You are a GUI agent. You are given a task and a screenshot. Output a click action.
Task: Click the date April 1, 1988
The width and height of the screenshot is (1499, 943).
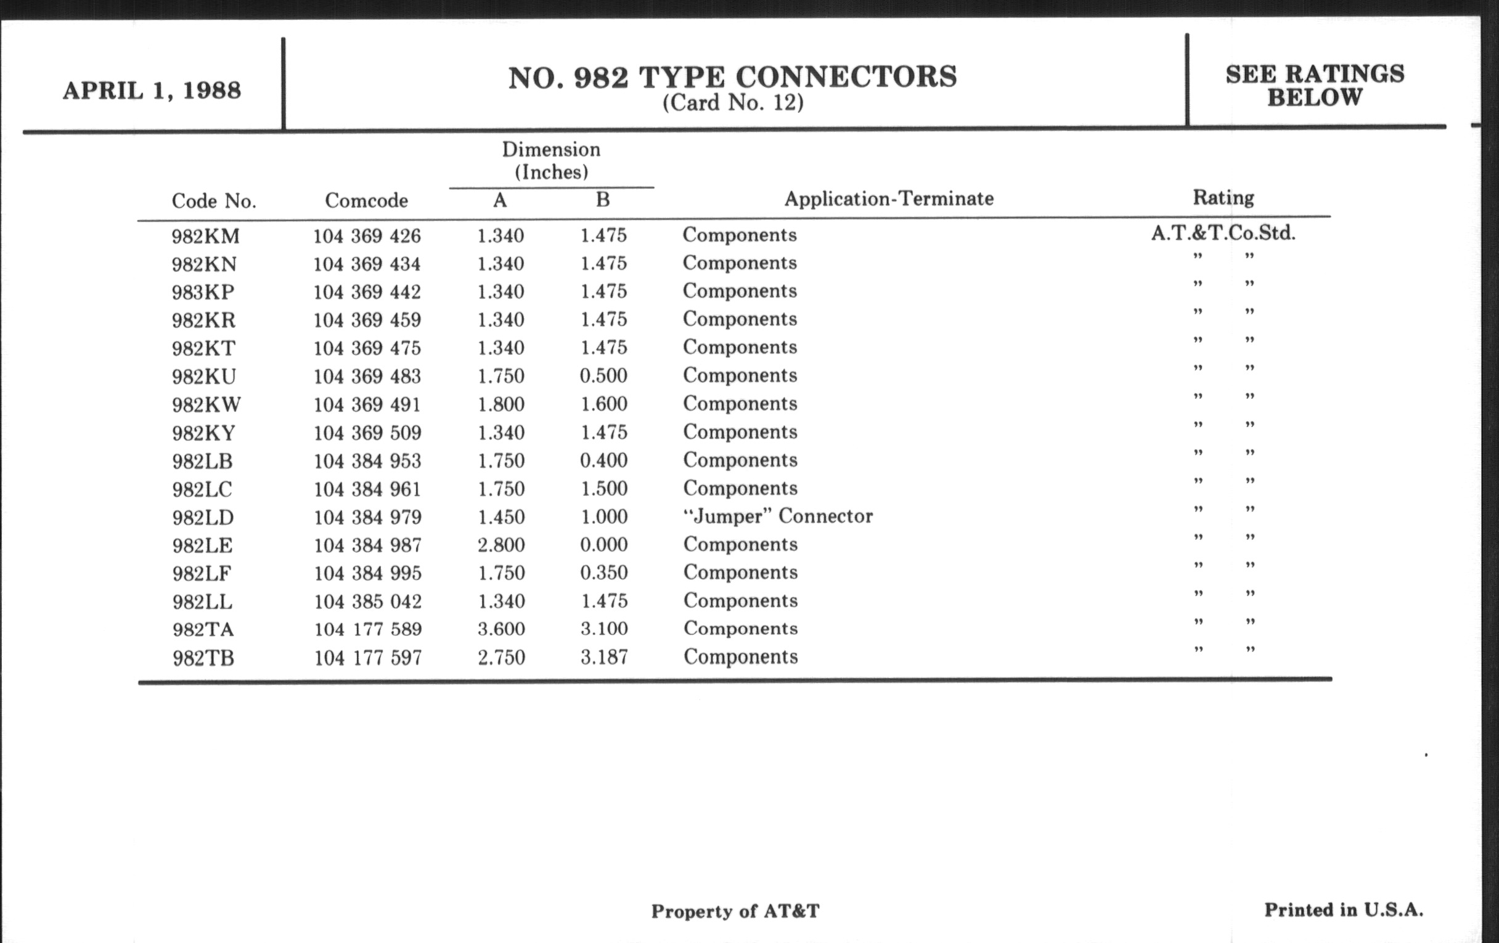click(151, 91)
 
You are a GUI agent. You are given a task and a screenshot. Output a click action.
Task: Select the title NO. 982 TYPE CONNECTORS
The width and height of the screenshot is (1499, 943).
click(732, 77)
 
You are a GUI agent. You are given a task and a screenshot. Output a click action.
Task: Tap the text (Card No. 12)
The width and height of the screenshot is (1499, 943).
click(733, 103)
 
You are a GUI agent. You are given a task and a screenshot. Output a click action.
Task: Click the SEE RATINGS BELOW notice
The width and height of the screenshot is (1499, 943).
click(1315, 85)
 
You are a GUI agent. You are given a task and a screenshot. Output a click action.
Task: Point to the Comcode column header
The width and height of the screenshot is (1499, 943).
click(366, 200)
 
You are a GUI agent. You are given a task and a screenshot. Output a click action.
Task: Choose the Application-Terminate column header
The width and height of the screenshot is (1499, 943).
click(888, 198)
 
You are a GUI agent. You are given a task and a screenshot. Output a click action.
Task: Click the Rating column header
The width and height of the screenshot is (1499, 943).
click(1223, 197)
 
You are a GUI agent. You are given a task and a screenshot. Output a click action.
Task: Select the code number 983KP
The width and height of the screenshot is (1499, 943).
click(203, 292)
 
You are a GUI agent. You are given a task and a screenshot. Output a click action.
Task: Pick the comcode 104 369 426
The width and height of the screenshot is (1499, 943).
click(367, 236)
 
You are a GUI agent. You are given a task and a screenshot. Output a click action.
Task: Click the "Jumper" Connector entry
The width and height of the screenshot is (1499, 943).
click(777, 516)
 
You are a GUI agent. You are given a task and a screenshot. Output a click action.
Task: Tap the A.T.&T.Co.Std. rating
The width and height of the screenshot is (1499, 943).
click(1223, 233)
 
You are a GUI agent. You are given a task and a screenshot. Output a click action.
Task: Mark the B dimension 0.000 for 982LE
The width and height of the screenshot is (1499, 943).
click(603, 545)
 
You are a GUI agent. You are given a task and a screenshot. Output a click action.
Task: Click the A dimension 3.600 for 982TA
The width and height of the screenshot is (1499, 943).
click(501, 629)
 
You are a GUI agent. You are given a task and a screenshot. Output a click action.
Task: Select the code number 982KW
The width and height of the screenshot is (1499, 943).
click(206, 404)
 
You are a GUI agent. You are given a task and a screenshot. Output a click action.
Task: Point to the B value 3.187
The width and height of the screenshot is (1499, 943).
click(604, 656)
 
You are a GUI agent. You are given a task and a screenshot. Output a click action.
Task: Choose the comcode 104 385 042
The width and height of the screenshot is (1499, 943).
click(367, 602)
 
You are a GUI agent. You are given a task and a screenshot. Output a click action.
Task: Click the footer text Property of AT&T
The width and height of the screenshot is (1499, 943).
click(735, 911)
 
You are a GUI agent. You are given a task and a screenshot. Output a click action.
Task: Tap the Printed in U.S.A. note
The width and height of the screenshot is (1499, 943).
click(1344, 910)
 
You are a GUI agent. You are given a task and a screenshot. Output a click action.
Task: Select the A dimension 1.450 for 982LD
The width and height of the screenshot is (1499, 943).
click(500, 516)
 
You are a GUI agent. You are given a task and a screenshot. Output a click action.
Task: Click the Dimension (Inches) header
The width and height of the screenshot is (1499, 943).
click(551, 161)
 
